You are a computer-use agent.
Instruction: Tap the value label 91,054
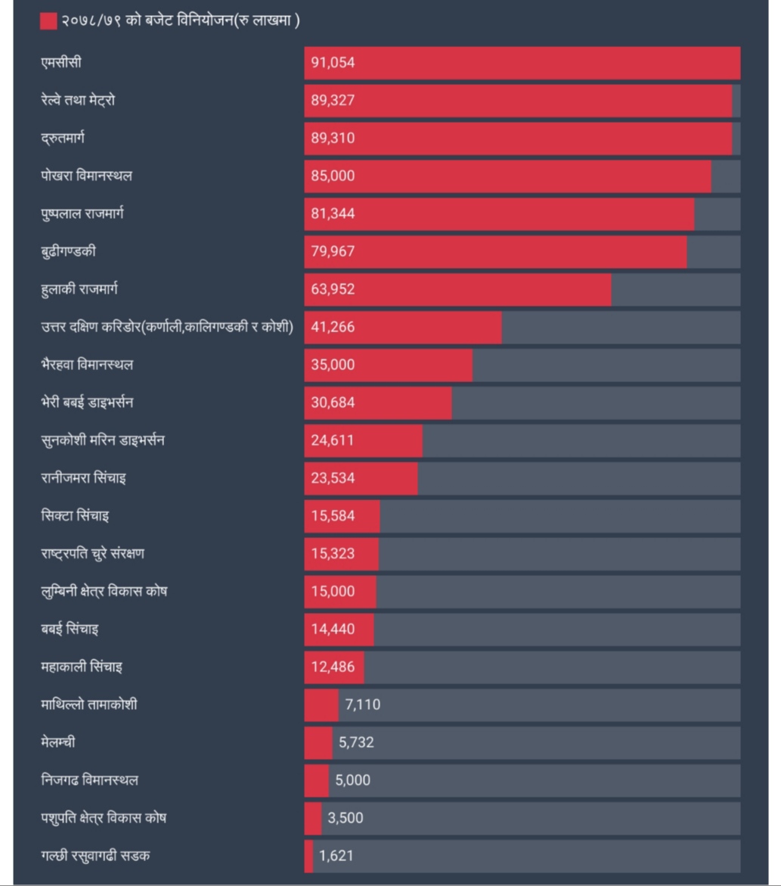tap(333, 63)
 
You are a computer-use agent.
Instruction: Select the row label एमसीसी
tap(61, 63)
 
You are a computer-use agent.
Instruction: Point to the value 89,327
tap(333, 101)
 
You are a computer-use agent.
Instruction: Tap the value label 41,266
tap(333, 328)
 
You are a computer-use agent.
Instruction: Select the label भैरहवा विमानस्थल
tap(88, 365)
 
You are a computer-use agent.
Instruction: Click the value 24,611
tap(332, 440)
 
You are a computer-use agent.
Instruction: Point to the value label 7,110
tap(363, 705)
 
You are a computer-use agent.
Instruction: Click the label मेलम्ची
tap(58, 743)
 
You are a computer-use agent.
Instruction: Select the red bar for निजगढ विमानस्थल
tap(317, 781)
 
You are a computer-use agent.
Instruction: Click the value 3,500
tap(346, 819)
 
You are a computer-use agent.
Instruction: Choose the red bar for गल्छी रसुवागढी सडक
tap(308, 856)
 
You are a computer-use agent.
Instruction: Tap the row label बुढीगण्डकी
tap(69, 252)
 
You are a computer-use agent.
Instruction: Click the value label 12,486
tap(333, 667)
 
